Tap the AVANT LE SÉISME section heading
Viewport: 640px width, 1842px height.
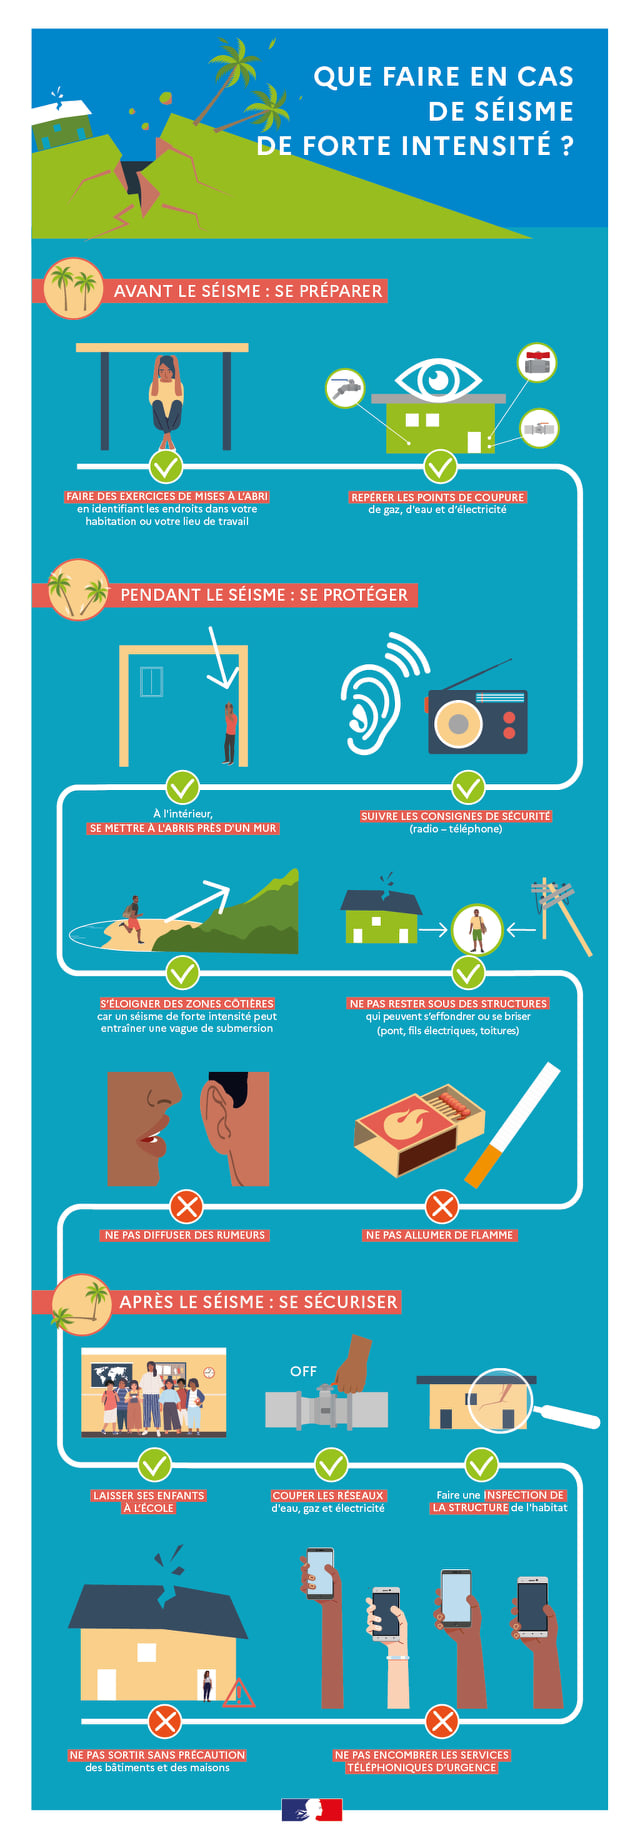tap(248, 291)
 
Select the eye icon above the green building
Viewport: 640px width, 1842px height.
tap(437, 379)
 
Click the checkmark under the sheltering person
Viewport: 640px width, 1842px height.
tap(165, 465)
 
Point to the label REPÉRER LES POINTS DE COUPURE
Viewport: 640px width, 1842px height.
tap(437, 497)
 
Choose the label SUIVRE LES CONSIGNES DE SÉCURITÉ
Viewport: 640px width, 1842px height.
tap(456, 816)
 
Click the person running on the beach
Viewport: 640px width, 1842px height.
tap(132, 919)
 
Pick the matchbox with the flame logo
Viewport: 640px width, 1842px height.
tap(419, 1131)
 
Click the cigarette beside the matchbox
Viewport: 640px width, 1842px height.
tap(513, 1125)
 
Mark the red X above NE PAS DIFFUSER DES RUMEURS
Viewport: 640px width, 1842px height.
tap(186, 1206)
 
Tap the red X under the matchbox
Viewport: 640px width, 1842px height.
tap(441, 1206)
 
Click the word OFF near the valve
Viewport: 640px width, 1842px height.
tap(303, 1371)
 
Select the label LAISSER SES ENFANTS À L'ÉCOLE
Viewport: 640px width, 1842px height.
tap(148, 1502)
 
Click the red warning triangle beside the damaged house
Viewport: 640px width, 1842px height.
tap(238, 1693)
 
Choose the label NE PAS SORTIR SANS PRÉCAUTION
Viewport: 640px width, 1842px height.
tap(157, 1755)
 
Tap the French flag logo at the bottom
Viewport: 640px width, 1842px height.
tap(312, 1809)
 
